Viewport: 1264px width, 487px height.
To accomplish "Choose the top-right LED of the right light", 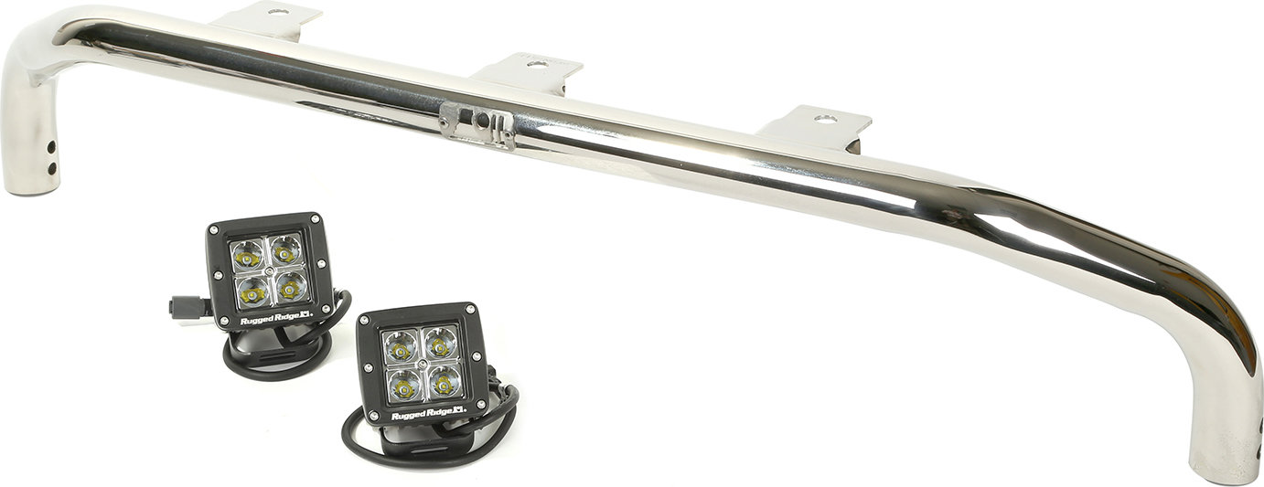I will (x=439, y=344).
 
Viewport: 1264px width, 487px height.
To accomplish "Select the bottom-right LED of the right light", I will (x=445, y=381).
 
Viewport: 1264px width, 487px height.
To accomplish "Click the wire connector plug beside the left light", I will (x=178, y=306).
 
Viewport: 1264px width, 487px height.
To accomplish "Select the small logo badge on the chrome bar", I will (x=475, y=125).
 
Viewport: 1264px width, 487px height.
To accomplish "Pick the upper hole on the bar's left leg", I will (x=52, y=145).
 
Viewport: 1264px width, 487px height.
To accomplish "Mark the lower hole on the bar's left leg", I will (x=52, y=167).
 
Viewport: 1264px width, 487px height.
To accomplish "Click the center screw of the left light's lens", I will (x=268, y=271).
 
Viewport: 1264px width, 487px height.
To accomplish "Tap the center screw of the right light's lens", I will (x=422, y=365).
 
